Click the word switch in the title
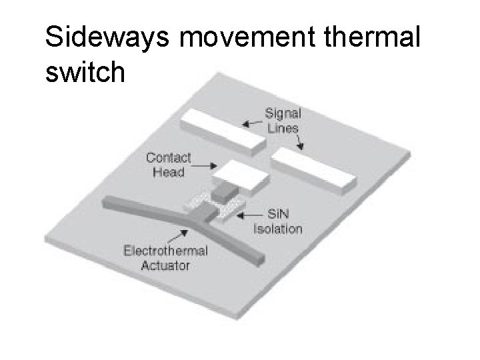[x=85, y=73]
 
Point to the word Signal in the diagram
[x=283, y=113]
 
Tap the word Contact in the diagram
[x=168, y=159]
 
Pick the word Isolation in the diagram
[x=279, y=229]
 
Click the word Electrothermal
[x=165, y=252]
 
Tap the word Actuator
[x=165, y=265]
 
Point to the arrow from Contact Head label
[x=204, y=165]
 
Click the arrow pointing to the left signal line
[x=251, y=123]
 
